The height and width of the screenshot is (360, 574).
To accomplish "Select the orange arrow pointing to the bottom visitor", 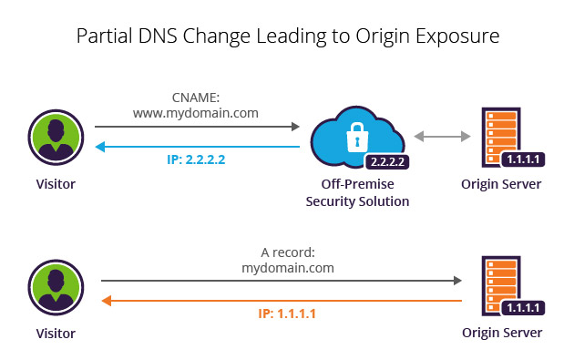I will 282,299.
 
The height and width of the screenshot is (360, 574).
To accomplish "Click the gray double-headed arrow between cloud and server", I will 441,137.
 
